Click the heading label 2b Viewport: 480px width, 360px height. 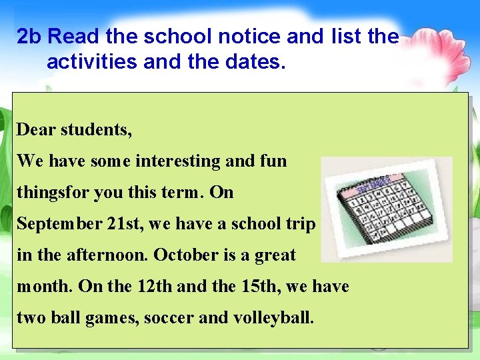pyautogui.click(x=29, y=37)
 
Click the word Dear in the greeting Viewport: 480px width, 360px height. pyautogui.click(x=36, y=129)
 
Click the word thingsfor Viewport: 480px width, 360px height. pyautogui.click(x=53, y=193)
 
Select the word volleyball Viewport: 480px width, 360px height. pyautogui.click(x=273, y=317)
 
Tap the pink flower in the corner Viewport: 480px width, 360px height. pyautogui.click(x=440, y=47)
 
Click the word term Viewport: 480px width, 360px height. pyautogui.click(x=183, y=193)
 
